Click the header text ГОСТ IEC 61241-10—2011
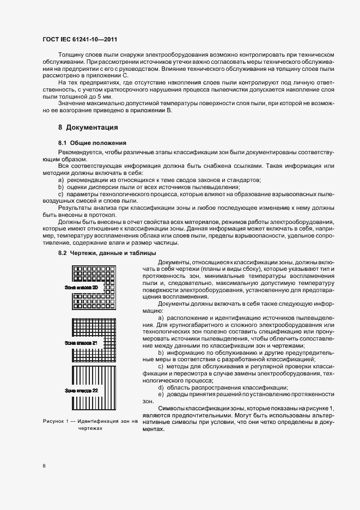(80, 40)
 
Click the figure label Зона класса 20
(81, 287)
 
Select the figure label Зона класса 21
(81, 343)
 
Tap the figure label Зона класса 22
(81, 391)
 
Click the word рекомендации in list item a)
(85, 179)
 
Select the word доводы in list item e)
(177, 394)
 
